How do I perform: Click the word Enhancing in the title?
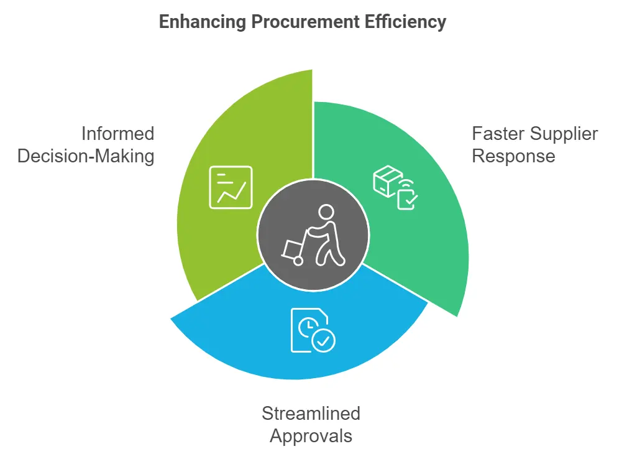[x=203, y=22]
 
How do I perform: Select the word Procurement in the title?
[x=306, y=22]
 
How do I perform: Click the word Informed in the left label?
[x=117, y=134]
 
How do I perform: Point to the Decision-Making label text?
[x=86, y=156]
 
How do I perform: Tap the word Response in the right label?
[x=513, y=157]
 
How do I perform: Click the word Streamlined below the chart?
[x=311, y=414]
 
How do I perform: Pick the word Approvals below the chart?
[x=311, y=436]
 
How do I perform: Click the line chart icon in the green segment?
[x=231, y=187]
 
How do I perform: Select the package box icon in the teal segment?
[x=387, y=181]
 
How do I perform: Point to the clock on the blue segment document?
[x=308, y=327]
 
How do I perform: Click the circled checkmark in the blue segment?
[x=324, y=341]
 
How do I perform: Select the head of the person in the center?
[x=326, y=212]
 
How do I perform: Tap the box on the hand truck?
[x=292, y=249]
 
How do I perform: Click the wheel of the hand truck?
[x=298, y=261]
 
